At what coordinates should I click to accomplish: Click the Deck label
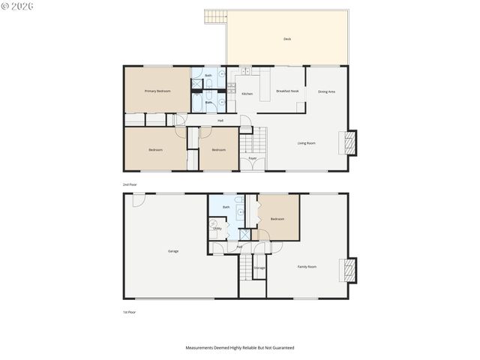[287, 39]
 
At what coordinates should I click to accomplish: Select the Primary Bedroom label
[157, 91]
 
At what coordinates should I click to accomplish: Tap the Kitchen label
[247, 94]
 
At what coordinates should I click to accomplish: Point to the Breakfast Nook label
[287, 91]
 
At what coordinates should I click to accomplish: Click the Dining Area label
[326, 91]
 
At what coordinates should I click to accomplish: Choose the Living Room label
[306, 143]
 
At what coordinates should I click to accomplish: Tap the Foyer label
[253, 158]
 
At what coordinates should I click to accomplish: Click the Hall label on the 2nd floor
[220, 120]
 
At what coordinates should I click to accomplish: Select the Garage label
[173, 250]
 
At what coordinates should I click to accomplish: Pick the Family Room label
[307, 266]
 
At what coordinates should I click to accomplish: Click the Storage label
[259, 268]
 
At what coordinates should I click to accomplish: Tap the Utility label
[217, 228]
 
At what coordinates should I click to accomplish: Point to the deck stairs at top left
[215, 16]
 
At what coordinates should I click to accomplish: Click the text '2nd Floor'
[130, 184]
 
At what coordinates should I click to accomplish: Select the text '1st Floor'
[130, 311]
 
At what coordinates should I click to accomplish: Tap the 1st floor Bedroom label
[277, 219]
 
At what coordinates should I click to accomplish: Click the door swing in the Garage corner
[138, 199]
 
